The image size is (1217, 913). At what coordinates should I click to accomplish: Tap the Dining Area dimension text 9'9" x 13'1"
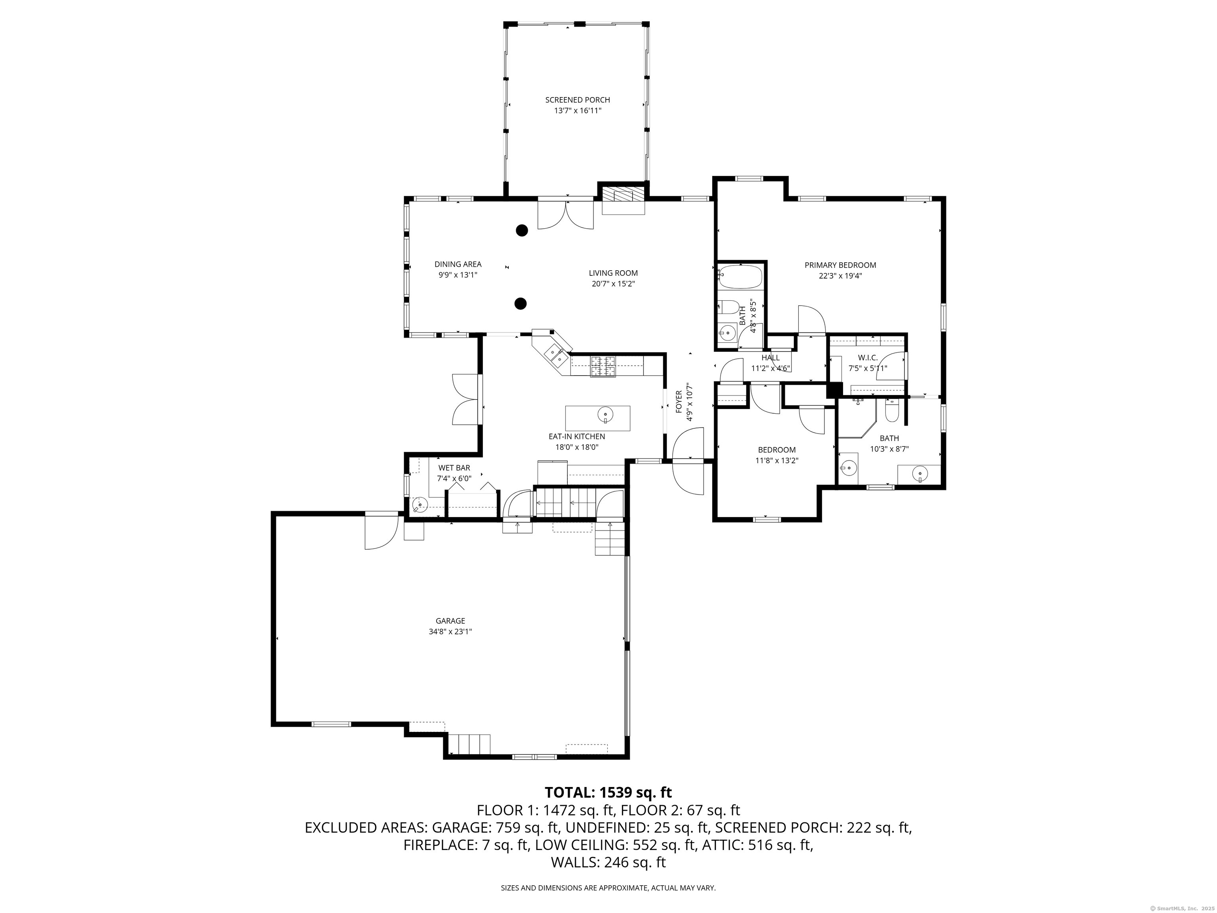click(x=457, y=275)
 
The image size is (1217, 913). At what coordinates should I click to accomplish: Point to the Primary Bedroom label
click(x=840, y=265)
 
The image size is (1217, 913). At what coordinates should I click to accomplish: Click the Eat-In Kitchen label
click(x=576, y=436)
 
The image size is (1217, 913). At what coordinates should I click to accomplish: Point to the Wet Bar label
click(x=454, y=468)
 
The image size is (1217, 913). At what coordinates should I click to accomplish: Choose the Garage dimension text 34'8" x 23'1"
click(x=450, y=632)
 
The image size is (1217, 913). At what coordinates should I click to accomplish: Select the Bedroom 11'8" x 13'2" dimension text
click(x=777, y=460)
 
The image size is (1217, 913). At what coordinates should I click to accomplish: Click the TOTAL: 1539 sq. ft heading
click(x=608, y=793)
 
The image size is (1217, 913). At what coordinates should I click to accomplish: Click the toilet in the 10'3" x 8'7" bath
click(x=892, y=411)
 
